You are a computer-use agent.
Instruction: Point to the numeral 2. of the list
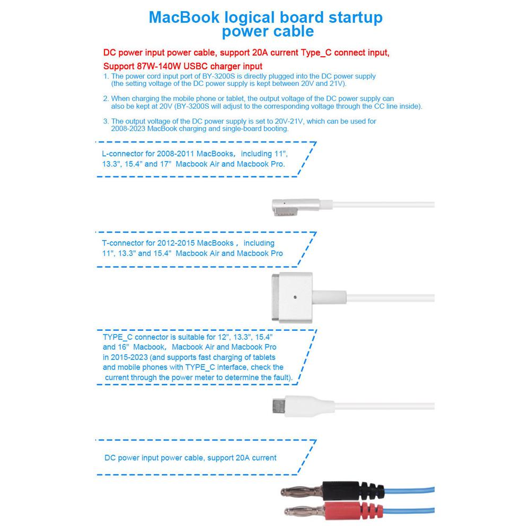[106, 99]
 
